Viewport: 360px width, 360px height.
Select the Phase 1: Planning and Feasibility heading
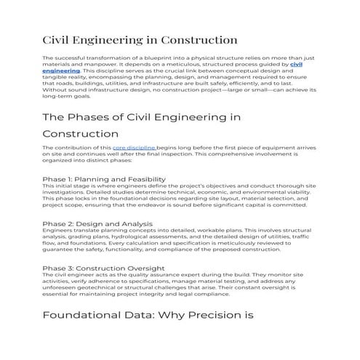[x=104, y=179]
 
